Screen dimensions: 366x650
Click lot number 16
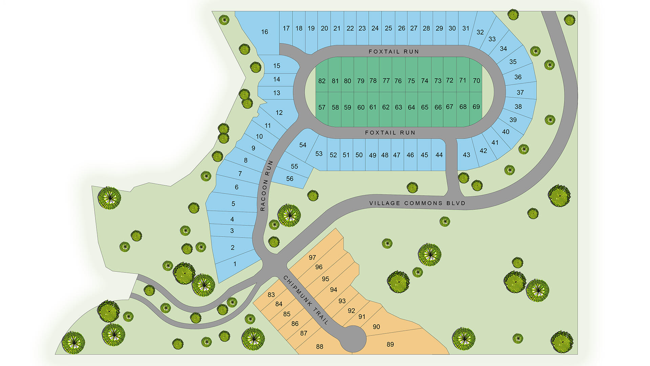264,32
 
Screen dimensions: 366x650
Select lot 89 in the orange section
390,344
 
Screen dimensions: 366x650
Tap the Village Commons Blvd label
417,203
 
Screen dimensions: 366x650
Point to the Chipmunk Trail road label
306,300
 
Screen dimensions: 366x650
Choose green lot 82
322,81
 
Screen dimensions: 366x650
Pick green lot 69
476,107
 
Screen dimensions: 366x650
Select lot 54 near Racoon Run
303,145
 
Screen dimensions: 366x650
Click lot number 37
520,93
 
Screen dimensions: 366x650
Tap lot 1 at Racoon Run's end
235,264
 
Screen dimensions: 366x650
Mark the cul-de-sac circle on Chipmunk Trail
353,339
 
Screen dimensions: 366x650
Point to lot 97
312,258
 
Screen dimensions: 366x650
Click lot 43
466,155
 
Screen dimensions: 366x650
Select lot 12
279,113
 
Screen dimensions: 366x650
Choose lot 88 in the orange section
320,346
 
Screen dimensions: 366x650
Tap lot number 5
233,204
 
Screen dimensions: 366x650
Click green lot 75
411,81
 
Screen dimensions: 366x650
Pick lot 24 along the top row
375,28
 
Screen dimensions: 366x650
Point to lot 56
290,179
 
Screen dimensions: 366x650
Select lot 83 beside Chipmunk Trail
271,295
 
